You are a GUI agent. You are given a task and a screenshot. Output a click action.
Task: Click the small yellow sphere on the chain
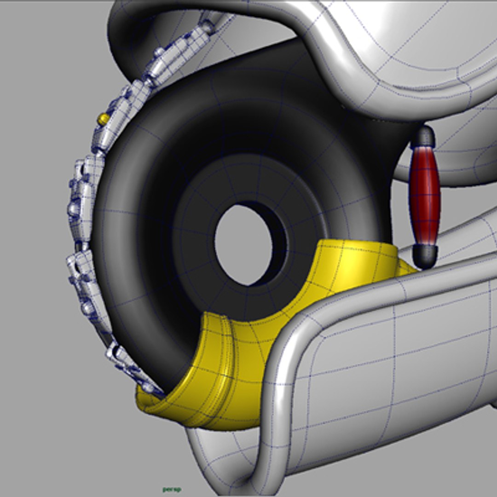[x=104, y=119]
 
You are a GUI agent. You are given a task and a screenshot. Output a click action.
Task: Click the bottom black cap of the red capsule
[x=425, y=255]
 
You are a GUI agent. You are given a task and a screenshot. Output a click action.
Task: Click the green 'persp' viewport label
[x=172, y=489]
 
